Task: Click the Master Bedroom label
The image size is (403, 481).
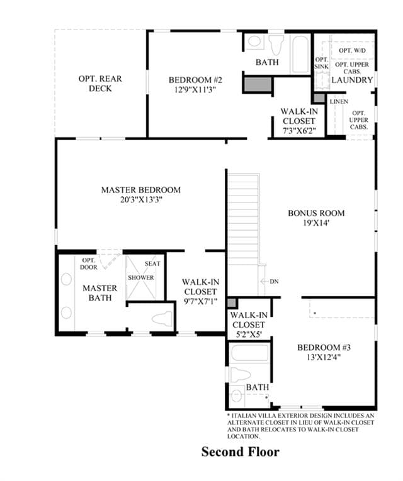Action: (x=141, y=190)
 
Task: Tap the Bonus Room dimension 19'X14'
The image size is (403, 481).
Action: (x=316, y=223)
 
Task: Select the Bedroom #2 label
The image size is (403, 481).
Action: (x=195, y=80)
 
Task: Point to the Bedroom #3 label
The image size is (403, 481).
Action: (x=324, y=347)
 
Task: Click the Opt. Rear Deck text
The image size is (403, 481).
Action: (x=100, y=84)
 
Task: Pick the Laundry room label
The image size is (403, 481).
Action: (x=352, y=80)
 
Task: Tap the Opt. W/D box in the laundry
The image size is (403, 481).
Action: (x=352, y=50)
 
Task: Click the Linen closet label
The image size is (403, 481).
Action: (x=339, y=101)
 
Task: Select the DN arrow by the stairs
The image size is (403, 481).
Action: (x=264, y=281)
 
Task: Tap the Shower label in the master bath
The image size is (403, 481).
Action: (x=141, y=278)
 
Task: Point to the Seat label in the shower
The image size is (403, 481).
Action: (x=152, y=264)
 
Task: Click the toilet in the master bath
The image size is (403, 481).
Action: (x=162, y=319)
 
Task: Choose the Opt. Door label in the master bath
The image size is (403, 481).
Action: (x=89, y=264)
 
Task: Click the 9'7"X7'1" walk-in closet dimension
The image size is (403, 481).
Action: (x=200, y=302)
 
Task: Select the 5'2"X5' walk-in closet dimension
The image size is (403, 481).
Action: (x=249, y=334)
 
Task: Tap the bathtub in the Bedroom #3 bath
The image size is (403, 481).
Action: (x=249, y=353)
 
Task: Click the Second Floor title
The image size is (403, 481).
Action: (x=240, y=452)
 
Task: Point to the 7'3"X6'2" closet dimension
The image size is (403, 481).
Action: (x=299, y=131)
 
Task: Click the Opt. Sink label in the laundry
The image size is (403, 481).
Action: (x=321, y=63)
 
